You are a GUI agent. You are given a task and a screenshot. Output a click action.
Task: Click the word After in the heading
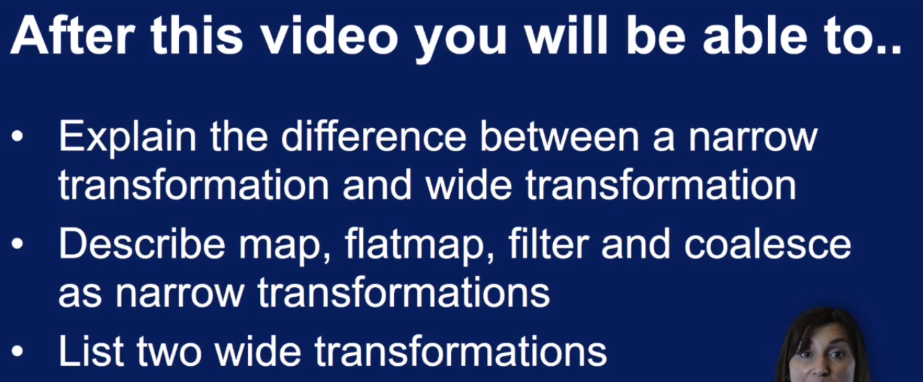[73, 36]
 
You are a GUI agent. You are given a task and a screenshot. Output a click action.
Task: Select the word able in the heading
[755, 36]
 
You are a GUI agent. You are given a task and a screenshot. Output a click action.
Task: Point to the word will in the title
[566, 36]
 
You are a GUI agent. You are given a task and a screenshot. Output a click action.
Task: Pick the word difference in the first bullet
[373, 136]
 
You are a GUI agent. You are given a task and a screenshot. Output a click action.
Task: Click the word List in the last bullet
[92, 351]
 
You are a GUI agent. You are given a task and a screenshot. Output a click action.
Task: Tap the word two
[169, 352]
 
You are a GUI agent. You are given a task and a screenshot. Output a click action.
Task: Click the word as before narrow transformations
[80, 293]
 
